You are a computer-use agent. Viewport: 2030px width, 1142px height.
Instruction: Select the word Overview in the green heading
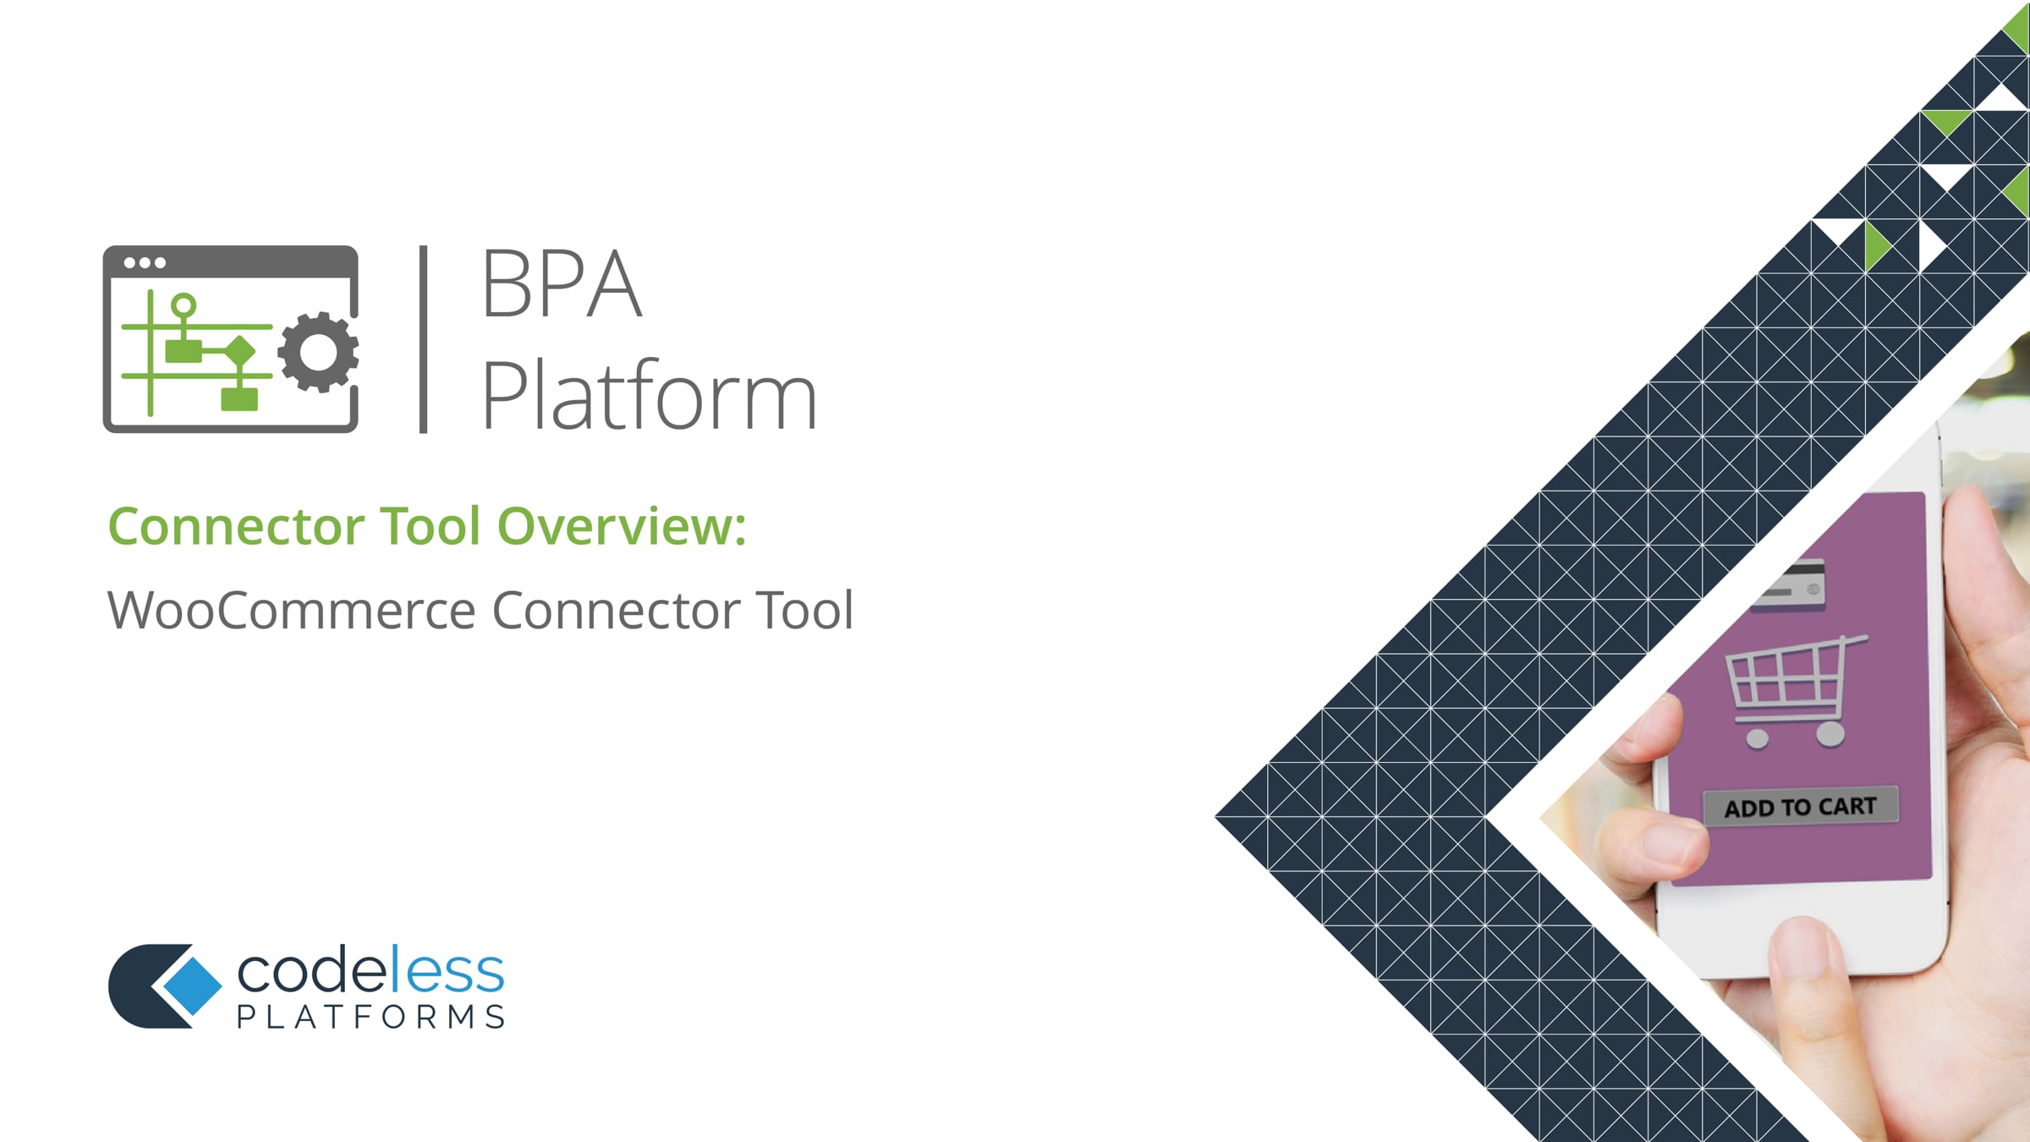(622, 526)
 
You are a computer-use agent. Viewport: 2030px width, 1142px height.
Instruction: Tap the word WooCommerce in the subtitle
(292, 610)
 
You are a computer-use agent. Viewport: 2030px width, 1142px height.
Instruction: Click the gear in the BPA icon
(318, 352)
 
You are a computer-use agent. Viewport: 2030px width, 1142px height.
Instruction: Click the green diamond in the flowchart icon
(240, 350)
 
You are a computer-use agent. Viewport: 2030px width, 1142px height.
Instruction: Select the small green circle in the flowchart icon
(184, 305)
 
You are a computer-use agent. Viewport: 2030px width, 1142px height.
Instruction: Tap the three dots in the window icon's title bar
(145, 262)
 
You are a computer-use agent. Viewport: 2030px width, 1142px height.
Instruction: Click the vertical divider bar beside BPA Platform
(424, 339)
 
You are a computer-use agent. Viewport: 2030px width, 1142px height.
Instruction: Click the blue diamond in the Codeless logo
(192, 986)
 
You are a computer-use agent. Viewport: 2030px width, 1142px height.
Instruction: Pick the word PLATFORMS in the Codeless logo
(370, 1017)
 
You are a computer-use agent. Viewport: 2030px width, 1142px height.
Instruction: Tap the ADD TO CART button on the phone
(1801, 807)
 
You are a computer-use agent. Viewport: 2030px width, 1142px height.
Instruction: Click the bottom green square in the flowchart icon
(239, 398)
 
